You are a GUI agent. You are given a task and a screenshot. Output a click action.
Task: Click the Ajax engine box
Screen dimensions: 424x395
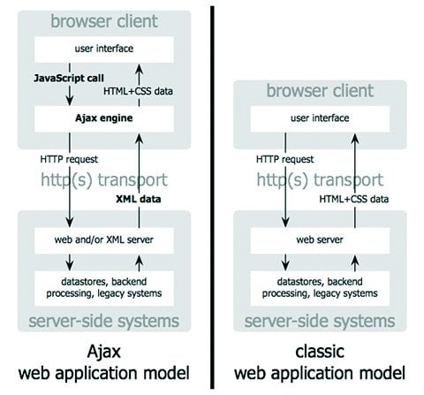click(104, 118)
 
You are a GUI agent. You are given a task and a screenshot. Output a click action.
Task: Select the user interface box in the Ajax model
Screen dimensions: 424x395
click(104, 49)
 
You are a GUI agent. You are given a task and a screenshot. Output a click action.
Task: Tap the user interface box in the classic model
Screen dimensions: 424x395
click(320, 118)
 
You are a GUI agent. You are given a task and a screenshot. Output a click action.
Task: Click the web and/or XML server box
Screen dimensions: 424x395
click(104, 240)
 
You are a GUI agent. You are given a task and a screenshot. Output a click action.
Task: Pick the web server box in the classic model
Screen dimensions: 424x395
click(320, 240)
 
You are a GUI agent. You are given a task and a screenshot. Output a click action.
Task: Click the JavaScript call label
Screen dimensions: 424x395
click(69, 79)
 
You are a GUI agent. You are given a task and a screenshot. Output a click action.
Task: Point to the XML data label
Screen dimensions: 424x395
click(139, 199)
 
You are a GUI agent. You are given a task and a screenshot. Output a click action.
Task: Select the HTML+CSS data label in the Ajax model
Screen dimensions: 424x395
click(138, 91)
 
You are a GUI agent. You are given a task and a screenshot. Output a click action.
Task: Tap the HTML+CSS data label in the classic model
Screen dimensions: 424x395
click(354, 199)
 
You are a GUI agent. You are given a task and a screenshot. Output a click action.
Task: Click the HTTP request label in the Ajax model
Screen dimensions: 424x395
click(69, 159)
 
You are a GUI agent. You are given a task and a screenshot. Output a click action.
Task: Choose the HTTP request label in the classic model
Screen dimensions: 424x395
click(284, 159)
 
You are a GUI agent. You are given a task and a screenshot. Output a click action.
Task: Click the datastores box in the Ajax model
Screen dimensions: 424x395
click(104, 288)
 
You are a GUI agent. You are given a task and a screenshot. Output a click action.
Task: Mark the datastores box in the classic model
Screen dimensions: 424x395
click(320, 288)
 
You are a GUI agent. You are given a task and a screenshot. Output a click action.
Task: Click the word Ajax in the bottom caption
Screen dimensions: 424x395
click(104, 352)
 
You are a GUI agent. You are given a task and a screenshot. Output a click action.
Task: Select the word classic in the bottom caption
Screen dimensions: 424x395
click(320, 352)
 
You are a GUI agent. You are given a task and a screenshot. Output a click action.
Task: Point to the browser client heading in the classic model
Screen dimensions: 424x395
click(320, 90)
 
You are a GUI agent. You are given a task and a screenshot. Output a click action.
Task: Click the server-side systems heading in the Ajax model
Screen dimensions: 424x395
click(104, 321)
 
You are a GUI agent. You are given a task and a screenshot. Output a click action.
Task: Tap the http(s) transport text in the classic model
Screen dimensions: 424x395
click(320, 180)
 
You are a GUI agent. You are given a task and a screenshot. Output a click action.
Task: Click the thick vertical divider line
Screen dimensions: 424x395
click(212, 197)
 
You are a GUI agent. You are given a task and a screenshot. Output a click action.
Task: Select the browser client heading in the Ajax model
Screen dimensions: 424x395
click(104, 21)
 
